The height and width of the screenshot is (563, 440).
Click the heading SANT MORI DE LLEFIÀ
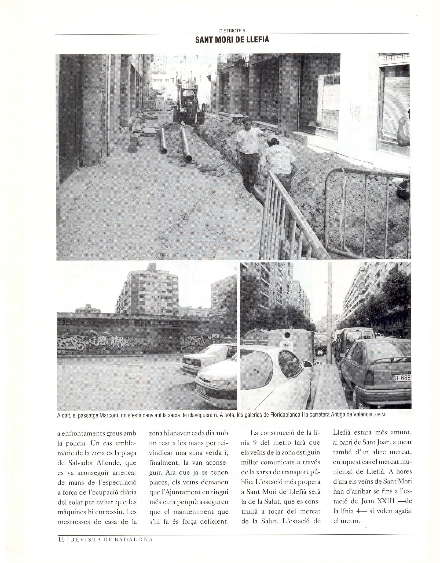[x=232, y=40]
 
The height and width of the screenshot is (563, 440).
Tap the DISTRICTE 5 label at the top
[x=232, y=31]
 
